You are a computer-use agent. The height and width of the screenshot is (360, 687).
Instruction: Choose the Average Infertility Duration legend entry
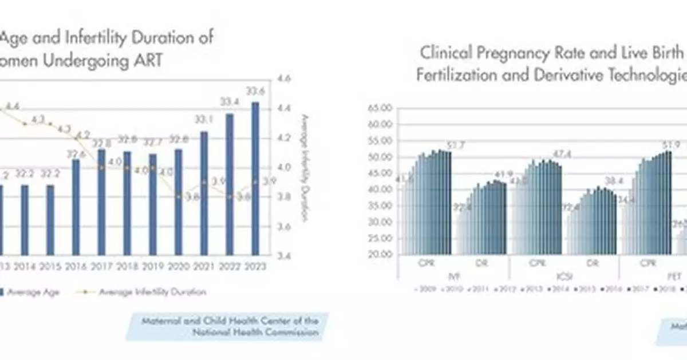(x=152, y=291)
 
